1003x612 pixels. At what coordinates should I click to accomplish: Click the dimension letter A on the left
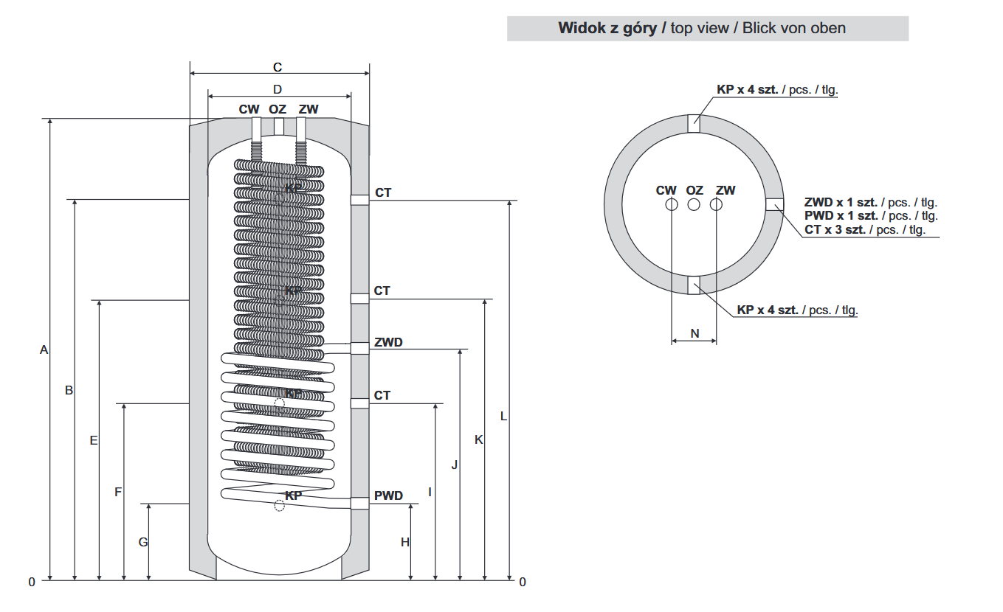[44, 350]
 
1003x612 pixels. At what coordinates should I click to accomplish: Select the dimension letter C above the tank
[278, 68]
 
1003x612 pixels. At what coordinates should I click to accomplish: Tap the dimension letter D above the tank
[278, 90]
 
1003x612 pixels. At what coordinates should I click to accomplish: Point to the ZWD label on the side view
[388, 343]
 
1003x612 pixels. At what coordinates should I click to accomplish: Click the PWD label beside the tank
[388, 495]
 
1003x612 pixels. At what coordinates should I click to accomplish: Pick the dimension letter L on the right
[503, 416]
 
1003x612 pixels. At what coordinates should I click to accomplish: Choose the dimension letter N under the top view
[694, 333]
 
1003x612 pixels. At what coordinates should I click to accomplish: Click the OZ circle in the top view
[694, 204]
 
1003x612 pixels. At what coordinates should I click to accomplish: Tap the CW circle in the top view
[671, 204]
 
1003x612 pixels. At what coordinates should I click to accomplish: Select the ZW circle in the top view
[716, 204]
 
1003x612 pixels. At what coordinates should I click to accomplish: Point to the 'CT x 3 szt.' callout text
[836, 229]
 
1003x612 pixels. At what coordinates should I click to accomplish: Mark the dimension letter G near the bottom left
[143, 542]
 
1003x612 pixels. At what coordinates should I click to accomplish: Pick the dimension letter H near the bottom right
[405, 542]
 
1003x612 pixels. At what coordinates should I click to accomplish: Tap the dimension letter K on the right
[479, 439]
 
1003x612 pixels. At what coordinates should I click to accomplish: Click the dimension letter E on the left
[94, 440]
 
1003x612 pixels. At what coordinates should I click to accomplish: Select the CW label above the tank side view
[249, 109]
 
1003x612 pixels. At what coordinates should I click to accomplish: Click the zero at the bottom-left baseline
[32, 582]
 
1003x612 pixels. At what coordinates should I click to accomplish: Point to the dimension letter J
[455, 465]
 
